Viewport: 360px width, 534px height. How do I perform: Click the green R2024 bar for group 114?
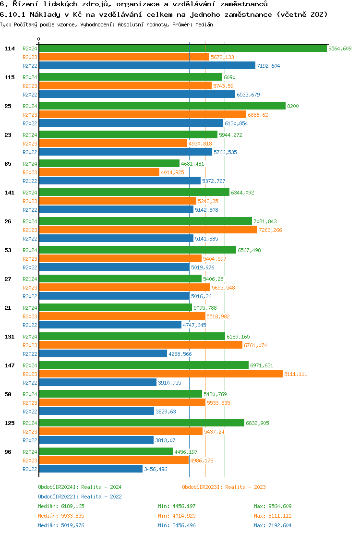[182, 49]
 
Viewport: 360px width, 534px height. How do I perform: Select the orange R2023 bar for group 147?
[161, 374]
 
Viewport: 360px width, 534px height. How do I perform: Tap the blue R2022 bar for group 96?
[91, 469]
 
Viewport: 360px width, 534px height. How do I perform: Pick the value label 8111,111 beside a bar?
[296, 374]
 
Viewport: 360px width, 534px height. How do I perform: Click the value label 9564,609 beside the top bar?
[340, 49]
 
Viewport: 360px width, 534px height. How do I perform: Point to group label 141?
[10, 193]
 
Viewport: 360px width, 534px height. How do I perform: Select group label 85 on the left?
[8, 164]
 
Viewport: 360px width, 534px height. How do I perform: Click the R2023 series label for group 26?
[30, 230]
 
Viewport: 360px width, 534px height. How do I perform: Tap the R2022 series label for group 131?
[30, 354]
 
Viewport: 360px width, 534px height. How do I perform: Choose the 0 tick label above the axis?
[39, 39]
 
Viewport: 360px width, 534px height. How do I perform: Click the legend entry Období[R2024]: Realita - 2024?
[80, 487]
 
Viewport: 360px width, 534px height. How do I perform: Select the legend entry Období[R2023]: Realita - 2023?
[224, 487]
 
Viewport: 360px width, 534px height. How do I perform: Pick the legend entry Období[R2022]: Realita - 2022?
[80, 497]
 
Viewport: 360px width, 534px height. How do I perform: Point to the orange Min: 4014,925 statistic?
[177, 516]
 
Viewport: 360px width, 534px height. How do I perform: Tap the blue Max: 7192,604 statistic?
[273, 525]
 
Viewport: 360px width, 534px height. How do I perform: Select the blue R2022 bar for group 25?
[131, 123]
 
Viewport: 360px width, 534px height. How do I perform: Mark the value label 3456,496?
[156, 469]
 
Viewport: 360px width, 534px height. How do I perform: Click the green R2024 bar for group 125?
[142, 423]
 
